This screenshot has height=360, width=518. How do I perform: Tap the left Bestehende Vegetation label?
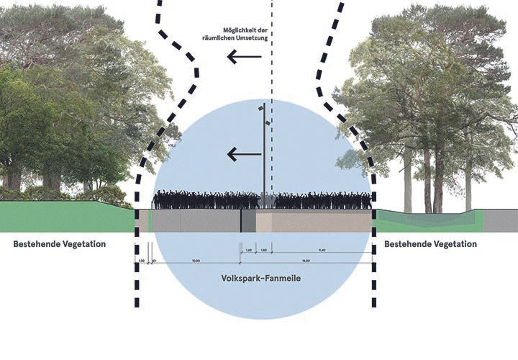(x=60, y=244)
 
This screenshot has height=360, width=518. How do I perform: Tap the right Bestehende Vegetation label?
(x=430, y=244)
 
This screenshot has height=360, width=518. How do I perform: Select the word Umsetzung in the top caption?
(x=250, y=38)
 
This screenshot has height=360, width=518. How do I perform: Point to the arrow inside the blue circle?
(x=242, y=153)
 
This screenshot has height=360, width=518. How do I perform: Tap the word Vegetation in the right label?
(x=453, y=244)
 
